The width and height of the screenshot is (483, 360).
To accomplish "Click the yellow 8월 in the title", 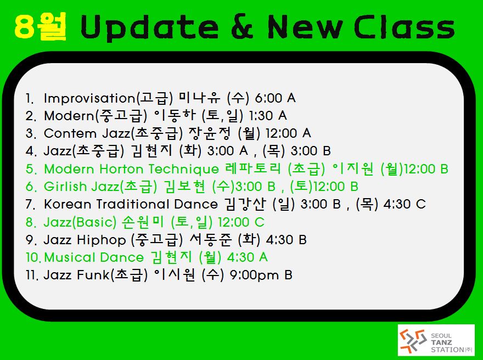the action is pos(41,27).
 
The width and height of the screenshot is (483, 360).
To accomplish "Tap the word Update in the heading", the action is pos(150,27).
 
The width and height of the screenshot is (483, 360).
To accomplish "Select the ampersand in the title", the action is pos(243,27).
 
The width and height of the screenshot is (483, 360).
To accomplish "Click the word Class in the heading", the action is pos(405,27).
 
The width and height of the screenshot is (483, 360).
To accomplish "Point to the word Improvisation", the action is pos(89,99).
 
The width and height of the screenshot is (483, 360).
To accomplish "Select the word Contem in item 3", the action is pos(70,134).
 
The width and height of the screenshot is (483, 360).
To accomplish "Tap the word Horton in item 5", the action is pos(121,169).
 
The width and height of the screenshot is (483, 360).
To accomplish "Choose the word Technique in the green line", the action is pos(183,170).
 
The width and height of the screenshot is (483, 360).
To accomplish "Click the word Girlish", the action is pos(65,187).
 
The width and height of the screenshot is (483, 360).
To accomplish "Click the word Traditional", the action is pos(133,204).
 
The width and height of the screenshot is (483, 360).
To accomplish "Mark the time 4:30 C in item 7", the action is pos(405,204).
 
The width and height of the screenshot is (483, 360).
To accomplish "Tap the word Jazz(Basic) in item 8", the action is pos(80,222).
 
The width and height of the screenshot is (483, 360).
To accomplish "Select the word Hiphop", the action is pos(102,240).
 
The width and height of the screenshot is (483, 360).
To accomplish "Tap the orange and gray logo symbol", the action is pos(413,340).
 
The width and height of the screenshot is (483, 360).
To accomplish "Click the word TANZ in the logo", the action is pos(441,342).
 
